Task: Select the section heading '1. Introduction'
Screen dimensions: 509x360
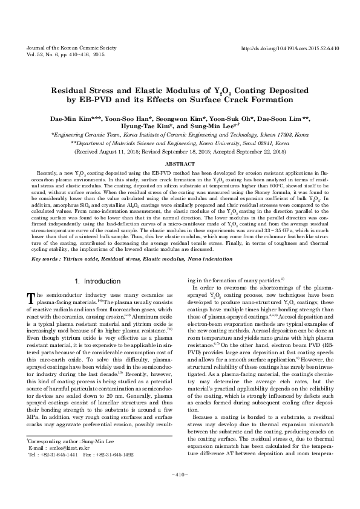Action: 97,281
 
